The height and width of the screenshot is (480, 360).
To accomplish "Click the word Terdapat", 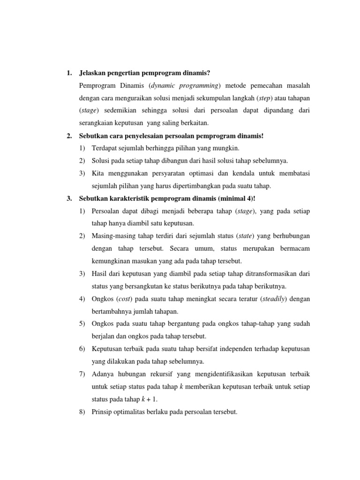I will pos(105,148).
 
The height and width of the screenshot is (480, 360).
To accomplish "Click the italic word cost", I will pos(124,299).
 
